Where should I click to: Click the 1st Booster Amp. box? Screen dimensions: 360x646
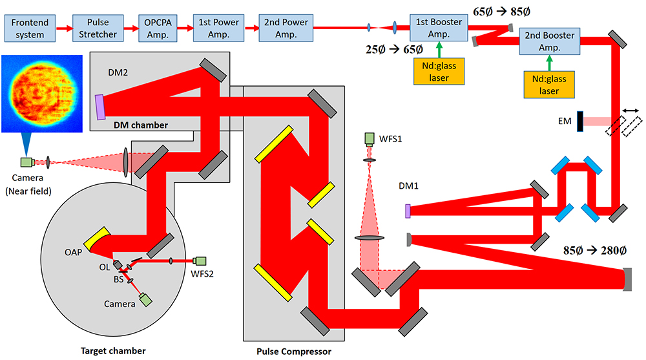(439, 28)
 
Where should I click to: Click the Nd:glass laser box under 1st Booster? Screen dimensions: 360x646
(439, 72)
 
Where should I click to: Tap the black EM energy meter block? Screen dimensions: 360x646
(581, 121)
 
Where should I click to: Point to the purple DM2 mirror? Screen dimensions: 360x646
(100, 107)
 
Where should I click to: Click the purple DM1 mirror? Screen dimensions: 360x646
(408, 211)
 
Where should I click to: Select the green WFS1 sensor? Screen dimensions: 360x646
(370, 138)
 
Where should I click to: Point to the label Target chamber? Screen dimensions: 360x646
(113, 350)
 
